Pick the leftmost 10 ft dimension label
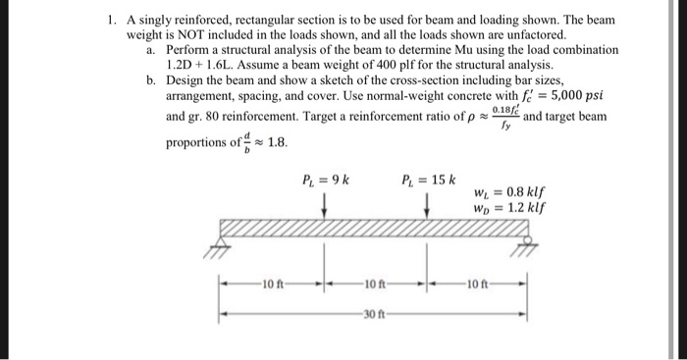pyautogui.click(x=272, y=285)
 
